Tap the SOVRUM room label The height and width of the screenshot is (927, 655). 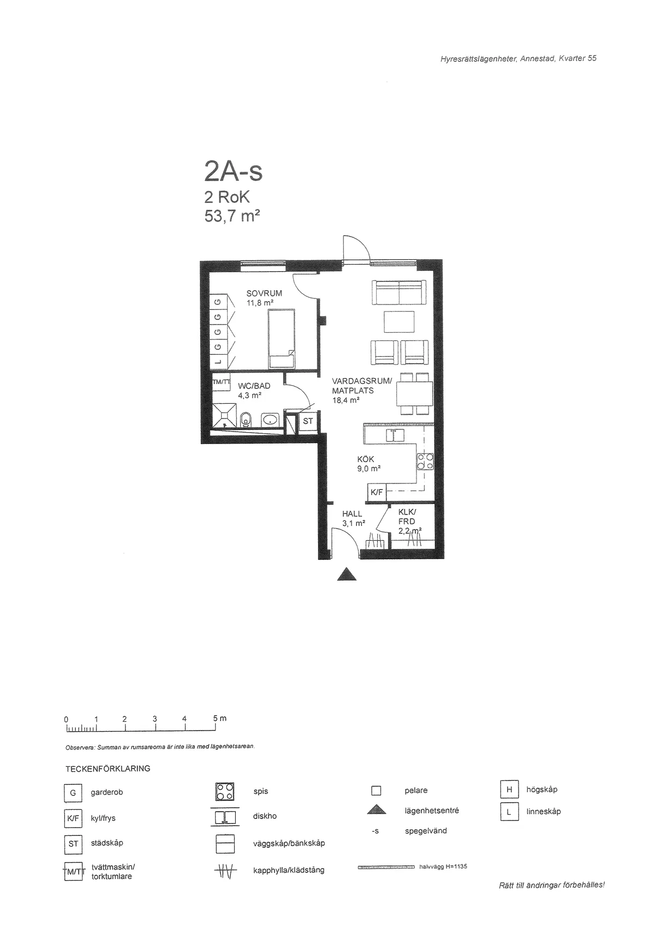coord(264,293)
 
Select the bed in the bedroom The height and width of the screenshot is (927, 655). coord(282,338)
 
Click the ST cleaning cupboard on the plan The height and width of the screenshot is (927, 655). coord(308,422)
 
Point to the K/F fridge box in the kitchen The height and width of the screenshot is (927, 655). coord(377,492)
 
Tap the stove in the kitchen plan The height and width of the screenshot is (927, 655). coord(425,462)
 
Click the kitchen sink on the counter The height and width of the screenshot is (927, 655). coord(395,435)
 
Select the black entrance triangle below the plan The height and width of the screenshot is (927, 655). coord(347,575)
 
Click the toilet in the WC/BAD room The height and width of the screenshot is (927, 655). coord(246,420)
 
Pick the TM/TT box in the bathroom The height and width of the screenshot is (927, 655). coord(221,382)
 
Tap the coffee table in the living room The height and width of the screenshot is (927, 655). coord(399,321)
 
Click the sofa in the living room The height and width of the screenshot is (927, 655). coord(399,292)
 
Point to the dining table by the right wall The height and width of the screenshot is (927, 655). coord(414,393)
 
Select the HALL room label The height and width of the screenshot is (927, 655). coord(352,513)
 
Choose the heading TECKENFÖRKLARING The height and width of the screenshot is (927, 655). coord(108,769)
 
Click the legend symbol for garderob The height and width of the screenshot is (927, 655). coord(73,793)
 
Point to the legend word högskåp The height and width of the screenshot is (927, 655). coord(542,789)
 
